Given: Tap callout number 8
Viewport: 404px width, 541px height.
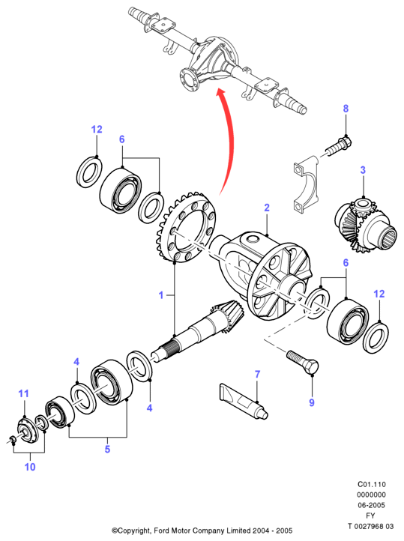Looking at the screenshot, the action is coord(346,109).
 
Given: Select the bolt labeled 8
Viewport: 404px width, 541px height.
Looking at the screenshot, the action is coord(339,146).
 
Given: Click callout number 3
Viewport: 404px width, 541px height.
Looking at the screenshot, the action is coord(363,170).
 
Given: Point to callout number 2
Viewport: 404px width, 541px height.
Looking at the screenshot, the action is coord(267,208).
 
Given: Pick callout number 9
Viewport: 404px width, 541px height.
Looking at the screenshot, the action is coord(312,402).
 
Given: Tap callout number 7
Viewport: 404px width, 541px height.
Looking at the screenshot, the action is coord(257,375).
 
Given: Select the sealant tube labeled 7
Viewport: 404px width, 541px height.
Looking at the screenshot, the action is coord(244,401).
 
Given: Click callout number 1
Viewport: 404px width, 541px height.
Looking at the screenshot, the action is coord(161,295).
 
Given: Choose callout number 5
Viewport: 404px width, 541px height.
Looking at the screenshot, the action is coord(107,449).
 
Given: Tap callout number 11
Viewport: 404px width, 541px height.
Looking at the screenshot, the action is coord(23,393).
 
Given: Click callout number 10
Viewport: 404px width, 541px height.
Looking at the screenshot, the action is coord(30,467).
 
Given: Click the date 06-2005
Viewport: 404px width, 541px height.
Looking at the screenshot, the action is coord(371,505).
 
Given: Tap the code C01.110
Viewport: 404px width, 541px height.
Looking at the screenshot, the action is coord(371,484).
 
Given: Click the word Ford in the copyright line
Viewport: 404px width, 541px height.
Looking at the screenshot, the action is coord(162,531).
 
